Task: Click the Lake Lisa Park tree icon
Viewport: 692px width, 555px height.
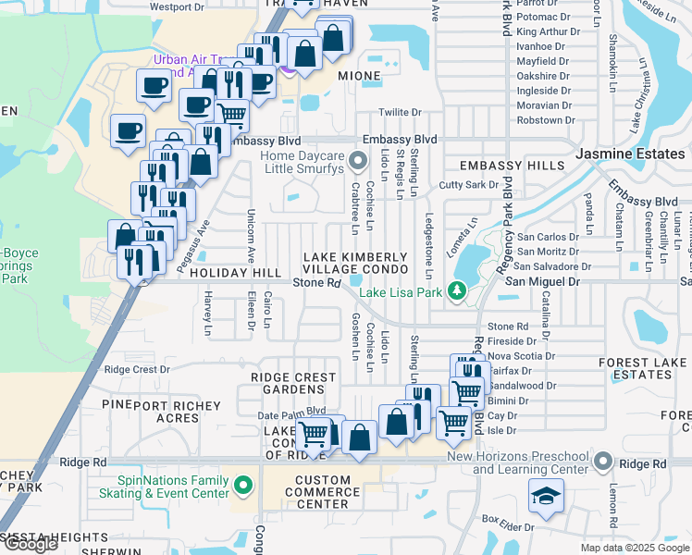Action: [456, 291]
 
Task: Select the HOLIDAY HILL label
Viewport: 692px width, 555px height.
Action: [234, 274]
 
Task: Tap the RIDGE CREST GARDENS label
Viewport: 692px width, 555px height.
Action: [293, 384]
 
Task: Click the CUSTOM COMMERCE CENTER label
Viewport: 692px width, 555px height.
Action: [323, 492]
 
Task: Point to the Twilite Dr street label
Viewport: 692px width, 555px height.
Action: [400, 112]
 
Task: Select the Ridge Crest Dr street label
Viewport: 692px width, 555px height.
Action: [137, 369]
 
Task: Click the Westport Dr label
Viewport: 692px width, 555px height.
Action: [177, 6]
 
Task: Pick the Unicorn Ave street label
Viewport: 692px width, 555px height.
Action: [250, 237]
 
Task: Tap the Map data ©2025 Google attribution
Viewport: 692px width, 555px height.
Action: [635, 548]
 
